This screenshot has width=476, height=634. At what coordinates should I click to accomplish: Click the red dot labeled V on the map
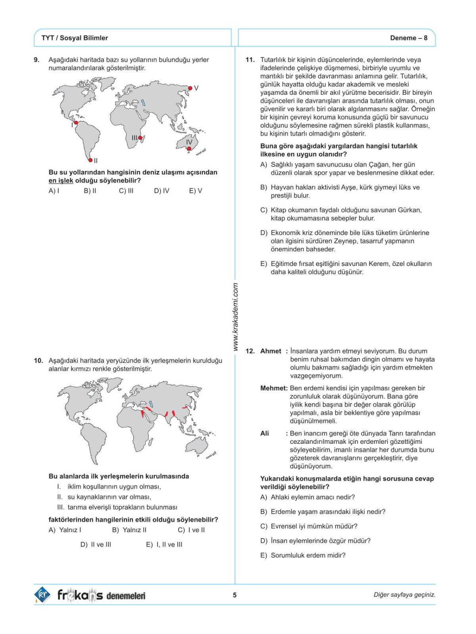coord(190,88)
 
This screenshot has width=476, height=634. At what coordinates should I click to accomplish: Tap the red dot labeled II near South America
coord(90,160)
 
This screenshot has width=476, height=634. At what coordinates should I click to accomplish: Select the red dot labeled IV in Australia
coord(189,149)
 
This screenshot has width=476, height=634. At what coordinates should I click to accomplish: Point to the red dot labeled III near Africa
coord(140,138)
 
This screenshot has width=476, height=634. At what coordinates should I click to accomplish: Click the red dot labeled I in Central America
coord(76,123)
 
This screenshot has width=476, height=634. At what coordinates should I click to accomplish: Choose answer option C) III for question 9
coord(126,191)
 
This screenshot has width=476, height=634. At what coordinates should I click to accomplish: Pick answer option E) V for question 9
coord(196,191)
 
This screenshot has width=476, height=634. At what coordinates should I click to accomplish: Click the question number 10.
coord(38,361)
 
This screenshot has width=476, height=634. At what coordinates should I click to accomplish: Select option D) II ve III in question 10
coord(96,545)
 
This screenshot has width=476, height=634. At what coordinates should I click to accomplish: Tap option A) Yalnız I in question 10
coord(65,530)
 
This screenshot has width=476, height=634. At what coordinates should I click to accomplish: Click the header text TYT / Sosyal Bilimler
coord(75,38)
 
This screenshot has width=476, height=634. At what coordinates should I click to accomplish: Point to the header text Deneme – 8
coord(409,38)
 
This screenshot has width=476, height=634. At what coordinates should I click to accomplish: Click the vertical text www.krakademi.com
coord(236,316)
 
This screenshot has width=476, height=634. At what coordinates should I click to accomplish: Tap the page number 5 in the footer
coord(235,595)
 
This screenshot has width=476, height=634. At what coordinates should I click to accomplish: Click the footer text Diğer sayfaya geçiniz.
coord(404,595)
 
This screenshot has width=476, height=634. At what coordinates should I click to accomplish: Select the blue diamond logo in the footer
coord(42,595)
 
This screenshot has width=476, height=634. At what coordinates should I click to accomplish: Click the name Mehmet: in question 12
coord(274,388)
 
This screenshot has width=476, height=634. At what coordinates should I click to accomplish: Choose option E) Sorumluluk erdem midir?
coord(303,556)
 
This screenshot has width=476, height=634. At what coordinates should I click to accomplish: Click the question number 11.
coord(250,60)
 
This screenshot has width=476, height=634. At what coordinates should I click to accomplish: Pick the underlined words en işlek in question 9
coord(61,181)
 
